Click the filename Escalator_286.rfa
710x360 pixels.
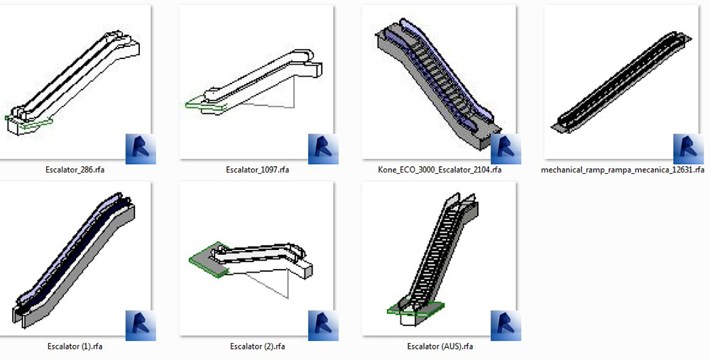[x=75, y=170]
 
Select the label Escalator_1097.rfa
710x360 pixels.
[x=257, y=170]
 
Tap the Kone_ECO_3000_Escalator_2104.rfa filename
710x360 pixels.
[x=439, y=170]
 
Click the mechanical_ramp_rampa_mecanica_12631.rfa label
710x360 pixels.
[x=623, y=170]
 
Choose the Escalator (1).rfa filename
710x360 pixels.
[x=75, y=347]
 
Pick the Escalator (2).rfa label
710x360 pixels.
[x=257, y=347]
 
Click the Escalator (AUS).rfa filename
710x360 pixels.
[x=440, y=347]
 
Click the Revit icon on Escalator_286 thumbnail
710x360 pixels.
[x=141, y=149]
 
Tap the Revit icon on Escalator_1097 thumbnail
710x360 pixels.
[x=323, y=149]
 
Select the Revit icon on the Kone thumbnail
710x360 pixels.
[x=506, y=149]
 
